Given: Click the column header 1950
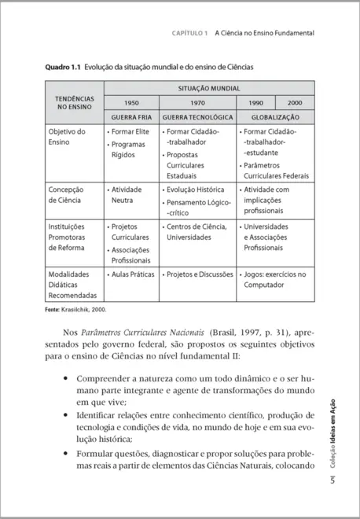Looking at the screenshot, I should tap(130, 103).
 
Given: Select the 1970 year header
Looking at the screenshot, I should tap(197, 103).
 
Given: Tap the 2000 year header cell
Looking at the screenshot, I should tap(295, 103).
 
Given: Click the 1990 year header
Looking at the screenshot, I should tap(255, 103).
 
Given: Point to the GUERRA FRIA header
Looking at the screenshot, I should tap(130, 116).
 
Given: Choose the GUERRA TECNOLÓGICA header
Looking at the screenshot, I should tap(197, 116).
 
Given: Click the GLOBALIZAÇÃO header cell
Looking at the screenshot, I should tap(275, 116).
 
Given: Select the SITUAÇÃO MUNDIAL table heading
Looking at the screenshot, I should tap(209, 88).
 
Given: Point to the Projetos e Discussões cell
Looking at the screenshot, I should tap(197, 275).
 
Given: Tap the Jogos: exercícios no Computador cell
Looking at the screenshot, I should tap(275, 281).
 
